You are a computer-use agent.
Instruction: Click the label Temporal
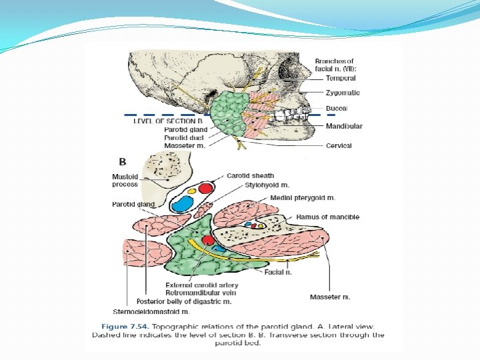coord(340,78)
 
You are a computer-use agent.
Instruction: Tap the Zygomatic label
coord(343,93)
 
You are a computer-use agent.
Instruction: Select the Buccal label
coord(337,108)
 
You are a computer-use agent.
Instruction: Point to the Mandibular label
coord(344,126)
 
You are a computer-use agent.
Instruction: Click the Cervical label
coord(339,145)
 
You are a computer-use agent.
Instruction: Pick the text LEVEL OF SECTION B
coord(168,121)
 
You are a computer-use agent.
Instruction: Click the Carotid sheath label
coord(250,176)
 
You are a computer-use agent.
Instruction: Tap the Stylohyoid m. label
coord(267,185)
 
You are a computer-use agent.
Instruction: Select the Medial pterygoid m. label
coord(303,198)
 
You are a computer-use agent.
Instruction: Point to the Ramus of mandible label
coord(327,217)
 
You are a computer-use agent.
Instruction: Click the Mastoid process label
coord(125,180)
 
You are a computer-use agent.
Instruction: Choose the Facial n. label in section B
coord(279,272)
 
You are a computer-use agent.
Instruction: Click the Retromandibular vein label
coord(200,293)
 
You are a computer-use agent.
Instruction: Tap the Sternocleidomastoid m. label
coord(151,311)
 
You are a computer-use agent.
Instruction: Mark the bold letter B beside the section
coord(123,161)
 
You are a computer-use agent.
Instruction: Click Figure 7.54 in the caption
coord(125,326)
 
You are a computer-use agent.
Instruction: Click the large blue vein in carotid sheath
coord(181,203)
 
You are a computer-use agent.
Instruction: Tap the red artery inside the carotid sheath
coord(205,188)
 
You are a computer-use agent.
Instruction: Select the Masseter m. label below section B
coord(330,297)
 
